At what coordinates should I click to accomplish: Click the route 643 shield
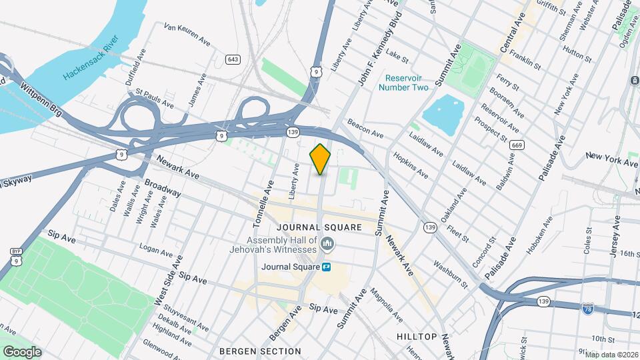tap(232, 59)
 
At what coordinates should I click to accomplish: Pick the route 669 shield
tap(515, 145)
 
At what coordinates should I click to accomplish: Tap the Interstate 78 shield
tap(587, 308)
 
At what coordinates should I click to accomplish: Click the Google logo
tap(22, 351)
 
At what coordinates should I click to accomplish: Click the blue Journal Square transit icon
tap(327, 267)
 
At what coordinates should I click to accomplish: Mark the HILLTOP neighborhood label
tap(417, 337)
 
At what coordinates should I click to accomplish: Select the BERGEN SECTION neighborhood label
tap(260, 351)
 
